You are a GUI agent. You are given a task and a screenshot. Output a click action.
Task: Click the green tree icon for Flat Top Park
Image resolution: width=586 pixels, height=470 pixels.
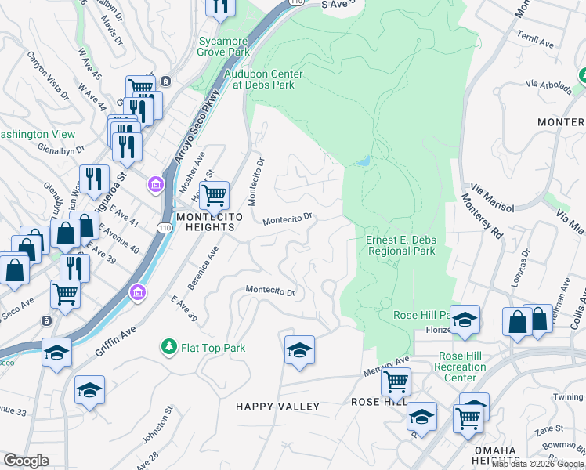(x=168, y=346)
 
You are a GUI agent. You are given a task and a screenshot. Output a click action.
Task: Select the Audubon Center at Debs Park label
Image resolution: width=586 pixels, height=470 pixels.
(x=263, y=79)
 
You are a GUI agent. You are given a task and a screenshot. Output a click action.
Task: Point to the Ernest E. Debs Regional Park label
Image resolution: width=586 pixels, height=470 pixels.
(x=400, y=245)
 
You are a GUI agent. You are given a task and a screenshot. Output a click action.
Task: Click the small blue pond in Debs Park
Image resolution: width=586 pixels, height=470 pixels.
(x=362, y=161)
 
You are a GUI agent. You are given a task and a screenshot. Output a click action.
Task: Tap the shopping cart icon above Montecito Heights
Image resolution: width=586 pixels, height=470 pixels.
(x=214, y=194)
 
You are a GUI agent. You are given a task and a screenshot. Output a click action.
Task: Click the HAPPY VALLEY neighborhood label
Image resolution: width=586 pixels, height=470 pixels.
(x=278, y=406)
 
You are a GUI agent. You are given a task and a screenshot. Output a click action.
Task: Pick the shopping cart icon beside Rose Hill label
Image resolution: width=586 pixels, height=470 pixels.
(x=396, y=382)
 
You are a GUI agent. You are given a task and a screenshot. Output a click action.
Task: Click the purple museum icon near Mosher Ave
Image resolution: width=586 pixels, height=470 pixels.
(x=155, y=184)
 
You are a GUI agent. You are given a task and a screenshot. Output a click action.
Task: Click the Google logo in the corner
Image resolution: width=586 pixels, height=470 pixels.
(x=26, y=461)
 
